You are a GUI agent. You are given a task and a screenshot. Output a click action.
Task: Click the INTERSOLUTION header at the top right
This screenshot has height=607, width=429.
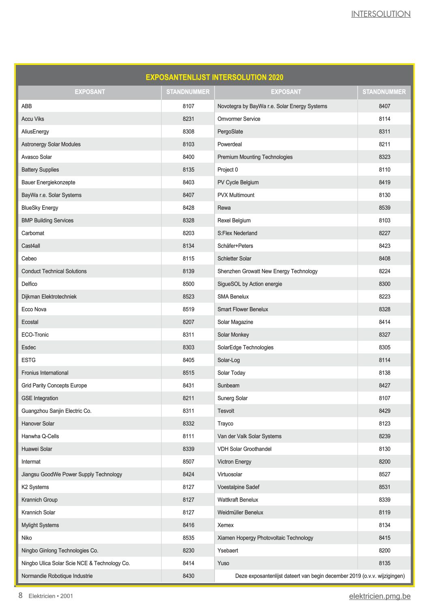[x=380, y=14]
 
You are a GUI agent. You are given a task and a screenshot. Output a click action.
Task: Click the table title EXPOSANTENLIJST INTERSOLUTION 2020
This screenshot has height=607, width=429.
[x=214, y=77]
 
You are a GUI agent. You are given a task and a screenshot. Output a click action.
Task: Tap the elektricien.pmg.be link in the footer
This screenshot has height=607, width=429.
[x=380, y=596]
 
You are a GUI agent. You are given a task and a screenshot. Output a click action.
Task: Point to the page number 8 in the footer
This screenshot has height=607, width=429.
[x=20, y=596]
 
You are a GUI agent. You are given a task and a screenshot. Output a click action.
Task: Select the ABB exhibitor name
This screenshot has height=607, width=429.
[x=27, y=106]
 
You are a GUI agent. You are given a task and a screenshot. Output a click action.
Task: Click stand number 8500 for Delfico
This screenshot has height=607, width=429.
[x=188, y=284]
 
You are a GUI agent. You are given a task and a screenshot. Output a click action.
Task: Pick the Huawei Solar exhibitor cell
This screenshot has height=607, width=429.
[x=37, y=449]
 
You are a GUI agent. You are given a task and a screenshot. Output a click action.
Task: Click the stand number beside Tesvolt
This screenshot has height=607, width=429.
[x=384, y=411]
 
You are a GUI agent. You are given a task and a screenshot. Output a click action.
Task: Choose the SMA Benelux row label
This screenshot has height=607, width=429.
[x=233, y=297]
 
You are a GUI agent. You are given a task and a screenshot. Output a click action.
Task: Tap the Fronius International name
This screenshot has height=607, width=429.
[x=45, y=373]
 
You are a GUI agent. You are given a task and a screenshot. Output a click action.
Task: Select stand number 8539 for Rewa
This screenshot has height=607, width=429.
[x=384, y=208]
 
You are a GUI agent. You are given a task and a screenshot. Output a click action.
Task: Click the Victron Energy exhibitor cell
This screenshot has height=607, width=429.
[x=234, y=462]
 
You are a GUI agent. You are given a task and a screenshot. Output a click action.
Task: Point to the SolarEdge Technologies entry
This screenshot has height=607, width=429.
[x=245, y=347]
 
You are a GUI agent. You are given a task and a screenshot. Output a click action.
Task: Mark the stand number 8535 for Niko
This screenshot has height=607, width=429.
[x=188, y=538]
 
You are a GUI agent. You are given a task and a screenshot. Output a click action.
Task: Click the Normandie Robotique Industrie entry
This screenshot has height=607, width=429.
[x=57, y=576]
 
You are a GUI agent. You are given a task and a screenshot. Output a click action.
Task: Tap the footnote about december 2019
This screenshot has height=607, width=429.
[x=320, y=576]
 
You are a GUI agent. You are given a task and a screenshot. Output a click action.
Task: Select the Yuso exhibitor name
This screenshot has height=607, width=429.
[x=223, y=563]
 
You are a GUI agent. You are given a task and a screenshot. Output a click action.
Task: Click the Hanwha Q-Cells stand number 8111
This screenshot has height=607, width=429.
[x=188, y=436]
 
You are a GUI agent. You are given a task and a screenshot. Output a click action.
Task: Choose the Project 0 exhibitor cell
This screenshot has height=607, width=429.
[x=227, y=170]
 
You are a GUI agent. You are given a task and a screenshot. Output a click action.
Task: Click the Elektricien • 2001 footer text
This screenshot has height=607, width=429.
[x=51, y=596]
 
